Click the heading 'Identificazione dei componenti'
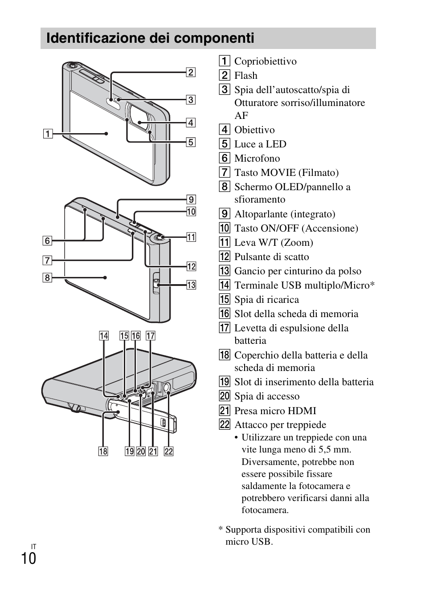pyautogui.click(x=150, y=38)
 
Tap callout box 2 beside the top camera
pyautogui.click(x=190, y=72)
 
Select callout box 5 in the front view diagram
pyautogui.click(x=190, y=142)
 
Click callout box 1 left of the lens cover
pyautogui.click(x=47, y=133)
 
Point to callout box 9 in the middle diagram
pyautogui.click(x=191, y=200)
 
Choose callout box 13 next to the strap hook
pyautogui.click(x=191, y=285)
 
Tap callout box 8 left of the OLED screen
pyautogui.click(x=47, y=278)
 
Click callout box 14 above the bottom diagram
pyautogui.click(x=104, y=336)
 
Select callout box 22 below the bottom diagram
pyautogui.click(x=168, y=452)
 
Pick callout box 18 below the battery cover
pyautogui.click(x=103, y=452)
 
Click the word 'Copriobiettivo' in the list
pyautogui.click(x=265, y=61)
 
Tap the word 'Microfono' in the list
pyautogui.click(x=257, y=159)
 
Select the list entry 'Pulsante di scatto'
pyautogui.click(x=271, y=257)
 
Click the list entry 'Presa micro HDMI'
pyautogui.click(x=275, y=411)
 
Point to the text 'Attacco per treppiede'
pyautogui.click(x=280, y=425)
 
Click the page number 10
pyautogui.click(x=29, y=558)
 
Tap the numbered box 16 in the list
pyautogui.click(x=225, y=314)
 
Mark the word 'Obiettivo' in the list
pyautogui.click(x=254, y=130)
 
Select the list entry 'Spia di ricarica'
pyautogui.click(x=266, y=300)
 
